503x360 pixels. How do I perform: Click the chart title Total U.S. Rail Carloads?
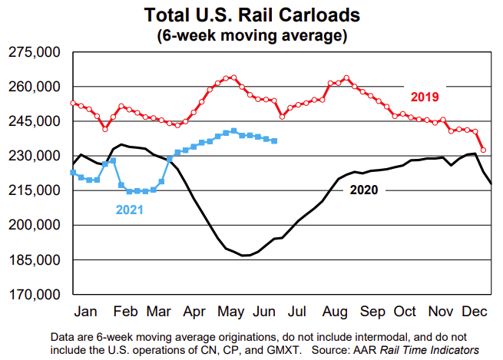(x=251, y=15)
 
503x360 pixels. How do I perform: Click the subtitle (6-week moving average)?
(x=251, y=35)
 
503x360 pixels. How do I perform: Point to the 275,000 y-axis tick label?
(x=34, y=52)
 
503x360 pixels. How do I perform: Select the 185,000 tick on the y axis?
(x=34, y=260)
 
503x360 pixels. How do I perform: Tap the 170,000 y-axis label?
(x=34, y=295)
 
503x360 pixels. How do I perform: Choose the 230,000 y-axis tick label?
(x=34, y=156)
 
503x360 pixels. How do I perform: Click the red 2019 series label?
(x=424, y=97)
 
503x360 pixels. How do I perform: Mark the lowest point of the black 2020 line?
(x=244, y=255)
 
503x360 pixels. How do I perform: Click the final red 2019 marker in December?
(x=483, y=150)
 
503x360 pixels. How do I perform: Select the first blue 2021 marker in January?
(x=73, y=173)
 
